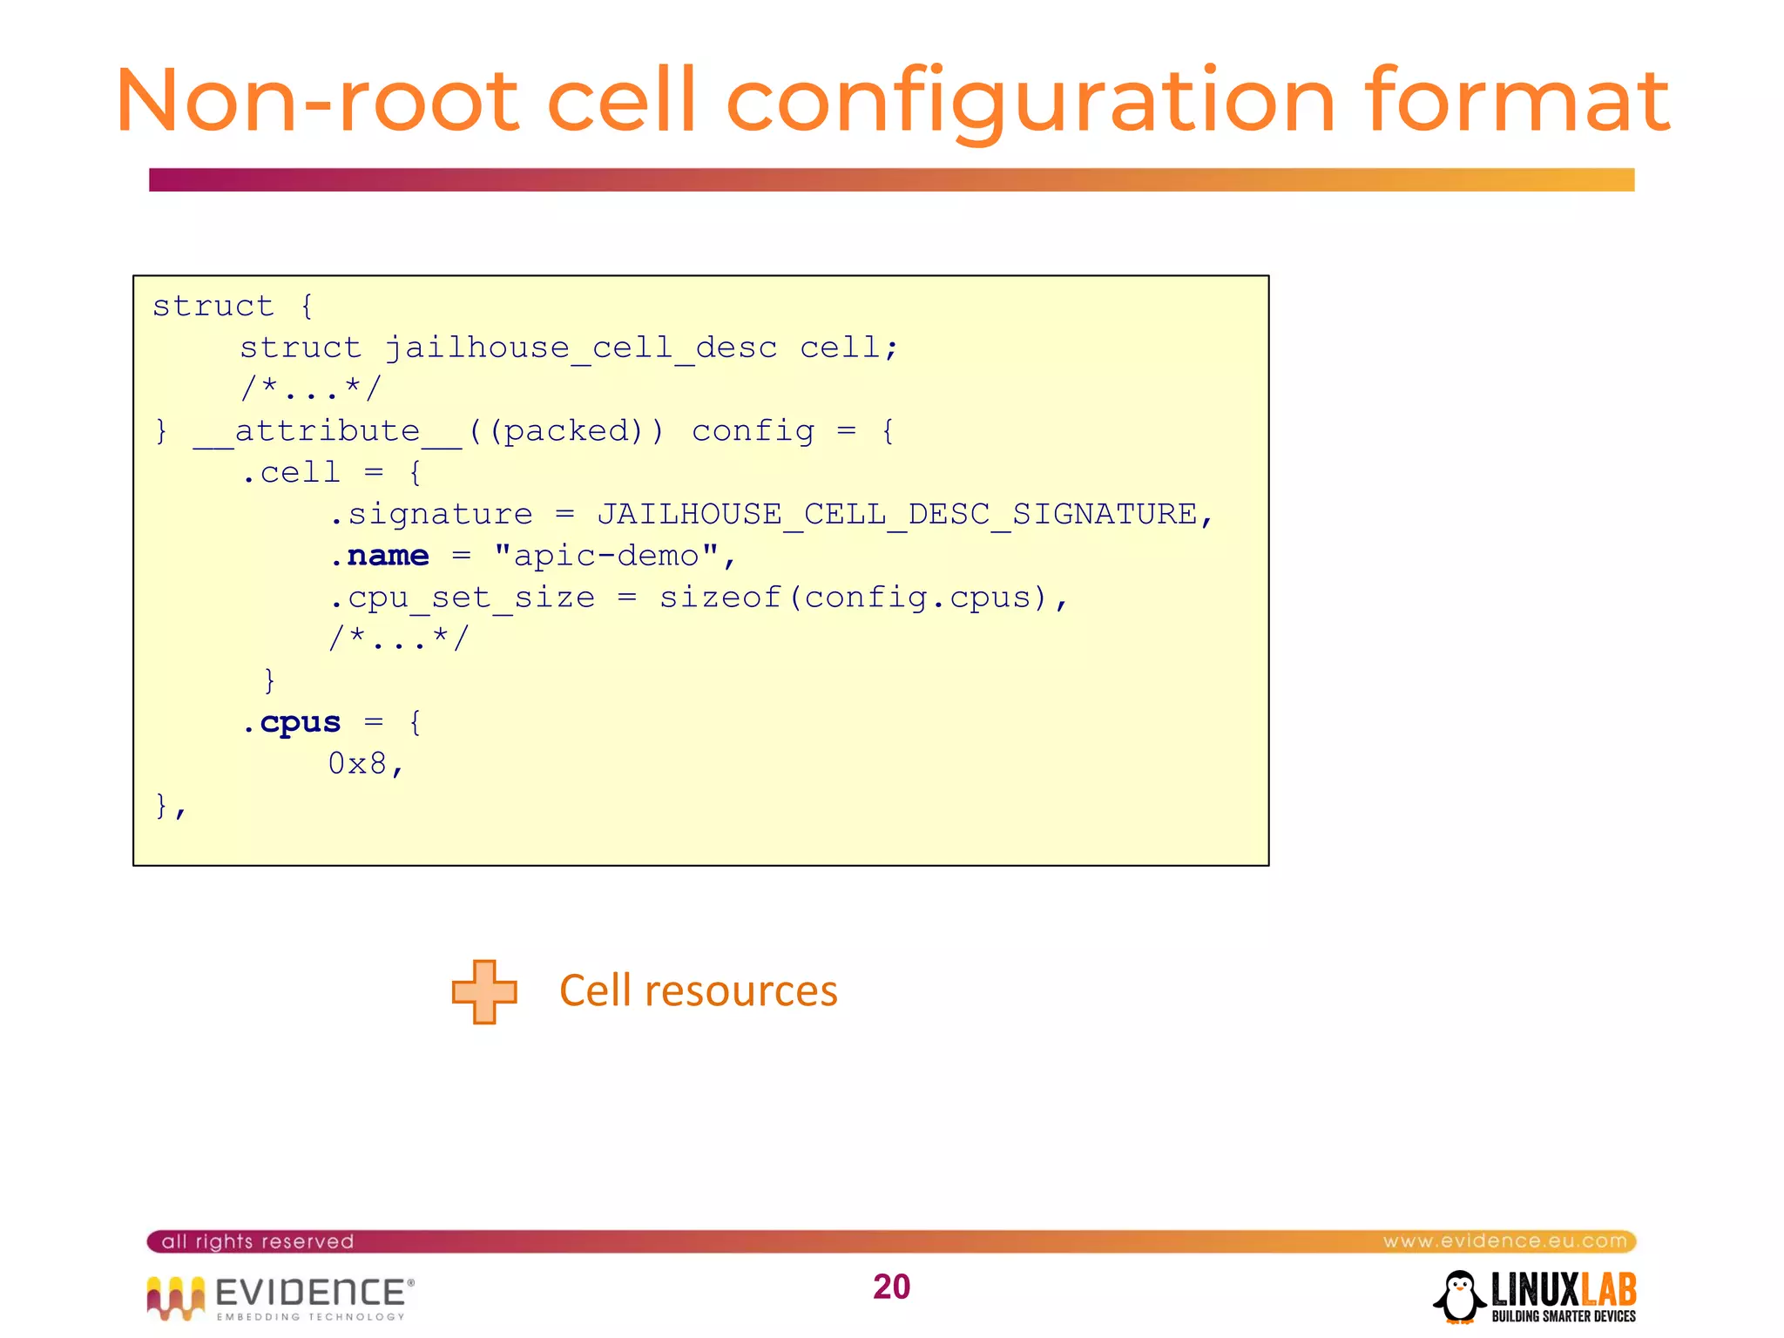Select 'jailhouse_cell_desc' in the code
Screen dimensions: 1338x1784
point(580,348)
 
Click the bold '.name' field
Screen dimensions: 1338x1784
point(380,556)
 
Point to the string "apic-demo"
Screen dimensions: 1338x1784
point(606,556)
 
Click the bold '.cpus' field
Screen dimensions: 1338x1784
point(292,722)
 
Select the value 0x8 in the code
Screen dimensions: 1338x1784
point(357,764)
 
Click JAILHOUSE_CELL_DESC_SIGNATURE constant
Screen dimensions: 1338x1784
point(897,514)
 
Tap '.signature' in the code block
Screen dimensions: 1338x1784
point(431,514)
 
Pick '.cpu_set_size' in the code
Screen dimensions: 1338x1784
point(463,598)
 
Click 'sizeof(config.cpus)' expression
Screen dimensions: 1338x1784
point(854,598)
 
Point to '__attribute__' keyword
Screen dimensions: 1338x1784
point(328,431)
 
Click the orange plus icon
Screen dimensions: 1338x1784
point(484,991)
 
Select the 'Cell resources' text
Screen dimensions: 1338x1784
point(698,991)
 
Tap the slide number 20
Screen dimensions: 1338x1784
point(891,1287)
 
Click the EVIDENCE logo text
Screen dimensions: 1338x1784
point(309,1293)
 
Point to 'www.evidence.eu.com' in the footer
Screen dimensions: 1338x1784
point(1504,1240)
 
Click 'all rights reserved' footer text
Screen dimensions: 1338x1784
point(258,1241)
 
